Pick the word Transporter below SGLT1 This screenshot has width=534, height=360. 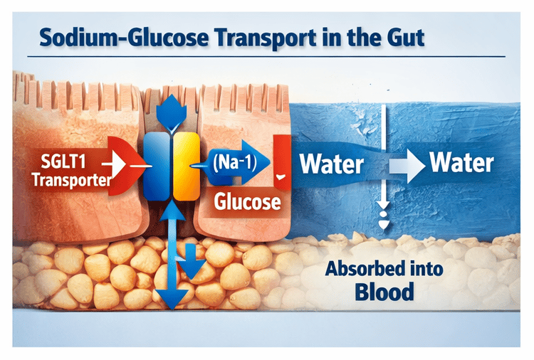pyautogui.click(x=71, y=179)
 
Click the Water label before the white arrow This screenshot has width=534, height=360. pyautogui.click(x=331, y=164)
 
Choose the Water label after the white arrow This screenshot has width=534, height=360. pyautogui.click(x=461, y=163)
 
